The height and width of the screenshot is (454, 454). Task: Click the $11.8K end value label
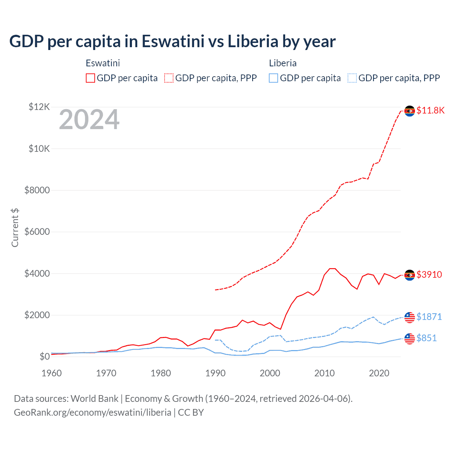[x=430, y=110]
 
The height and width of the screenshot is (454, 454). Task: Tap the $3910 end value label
[x=429, y=275]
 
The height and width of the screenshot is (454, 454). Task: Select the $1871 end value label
[x=429, y=317]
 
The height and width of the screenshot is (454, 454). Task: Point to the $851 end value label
[x=427, y=338]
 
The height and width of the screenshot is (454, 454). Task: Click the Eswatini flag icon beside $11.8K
[x=410, y=111]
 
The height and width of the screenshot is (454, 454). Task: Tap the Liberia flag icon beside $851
[x=410, y=339]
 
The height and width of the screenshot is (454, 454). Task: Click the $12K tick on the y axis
[x=39, y=107]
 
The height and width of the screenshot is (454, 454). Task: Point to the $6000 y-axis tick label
[x=37, y=232]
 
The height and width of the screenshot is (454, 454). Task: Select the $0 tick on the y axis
[x=44, y=356]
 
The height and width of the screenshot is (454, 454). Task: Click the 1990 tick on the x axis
[x=215, y=373]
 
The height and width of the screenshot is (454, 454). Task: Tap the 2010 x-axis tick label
[x=325, y=373]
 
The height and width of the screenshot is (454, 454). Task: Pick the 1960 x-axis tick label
[x=52, y=373]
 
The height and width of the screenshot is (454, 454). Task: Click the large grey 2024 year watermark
[x=89, y=120]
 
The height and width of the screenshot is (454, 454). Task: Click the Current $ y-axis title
[x=15, y=228]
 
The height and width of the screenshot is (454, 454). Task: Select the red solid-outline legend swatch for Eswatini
[x=90, y=78]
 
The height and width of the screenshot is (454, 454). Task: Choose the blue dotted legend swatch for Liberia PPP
[x=352, y=78]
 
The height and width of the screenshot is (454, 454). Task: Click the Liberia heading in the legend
[x=283, y=63]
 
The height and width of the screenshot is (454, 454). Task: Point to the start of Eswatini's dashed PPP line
[x=215, y=290]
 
